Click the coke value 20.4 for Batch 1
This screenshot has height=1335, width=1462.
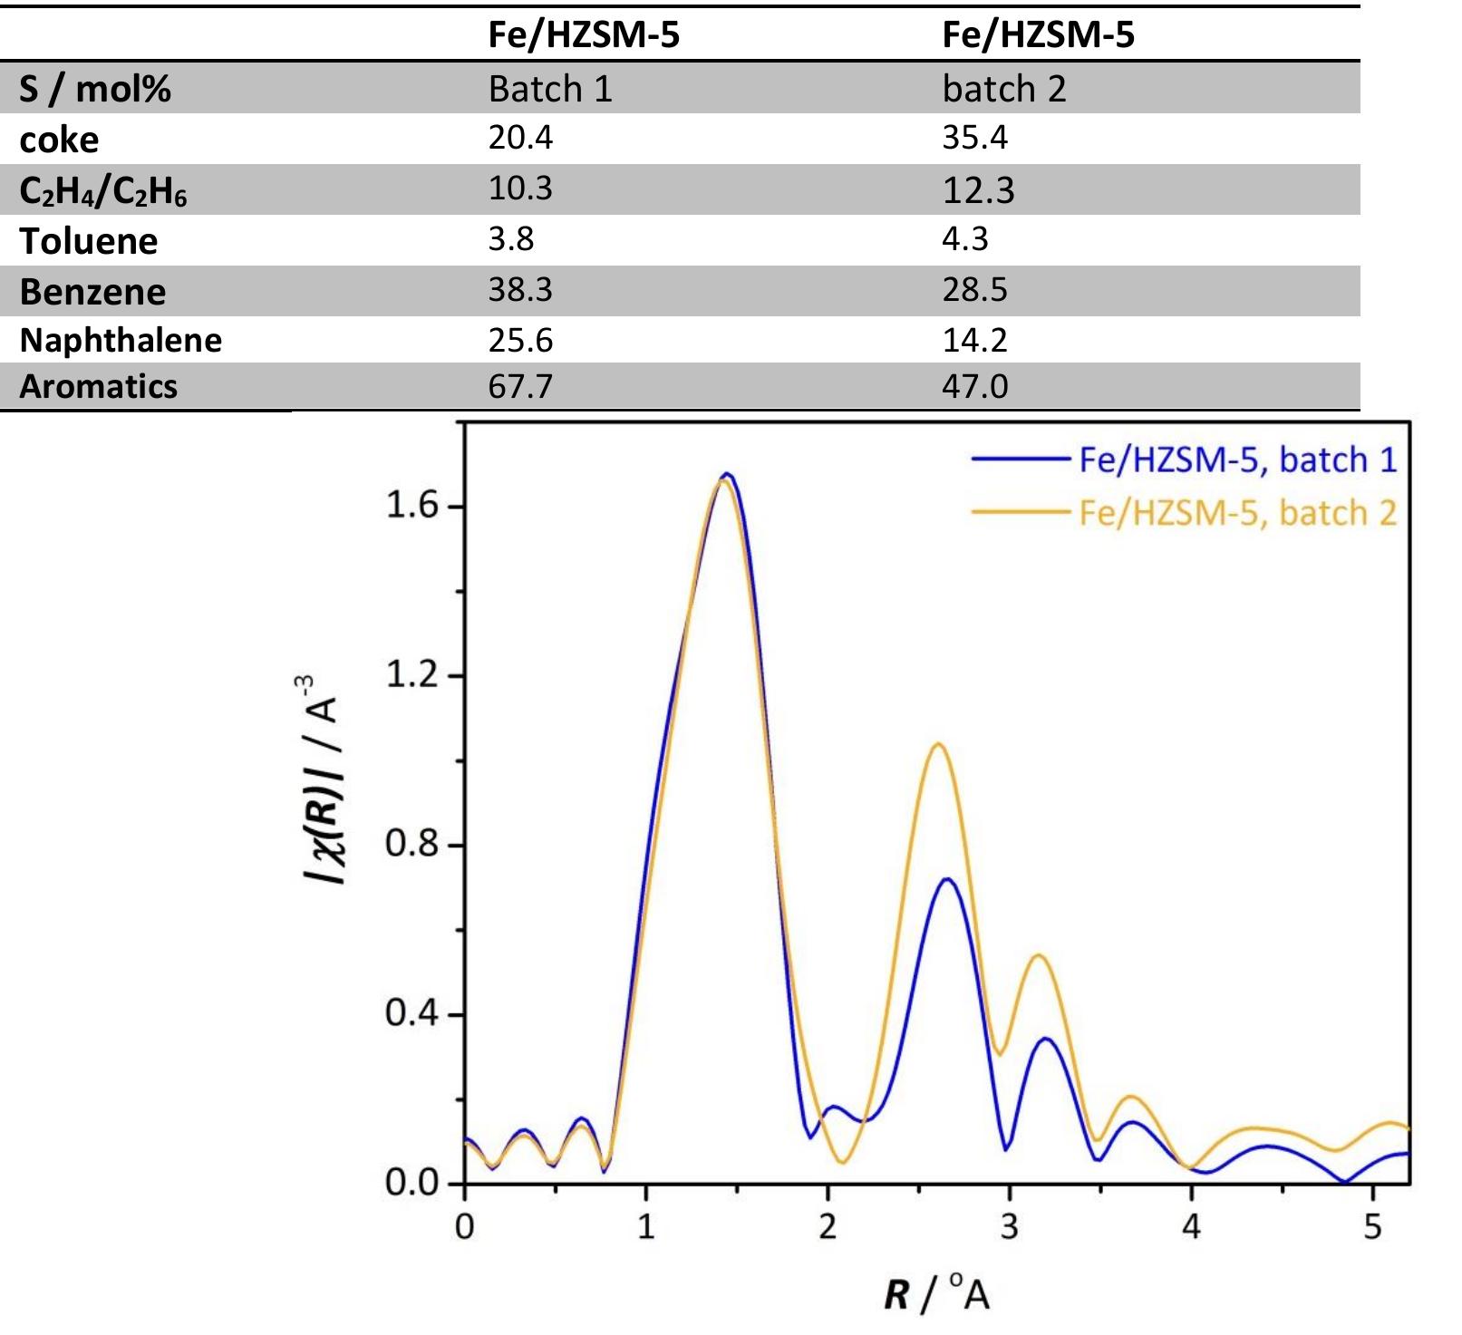coord(520,138)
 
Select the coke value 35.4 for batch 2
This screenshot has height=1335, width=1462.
coord(974,138)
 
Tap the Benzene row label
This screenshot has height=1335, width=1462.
coord(92,292)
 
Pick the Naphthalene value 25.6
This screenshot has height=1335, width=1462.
coord(520,341)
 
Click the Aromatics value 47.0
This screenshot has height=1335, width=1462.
coord(974,387)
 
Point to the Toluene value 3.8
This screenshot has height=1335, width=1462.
coord(510,239)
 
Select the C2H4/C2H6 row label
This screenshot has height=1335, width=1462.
coord(103,190)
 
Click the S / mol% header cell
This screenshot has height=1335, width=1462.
coord(95,89)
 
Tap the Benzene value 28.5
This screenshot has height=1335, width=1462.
coord(974,290)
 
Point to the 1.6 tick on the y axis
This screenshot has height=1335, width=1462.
coord(412,506)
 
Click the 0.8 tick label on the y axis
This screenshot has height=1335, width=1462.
coord(412,845)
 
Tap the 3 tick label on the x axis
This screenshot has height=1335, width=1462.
coord(1009,1227)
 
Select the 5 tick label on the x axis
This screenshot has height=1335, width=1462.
coord(1373,1227)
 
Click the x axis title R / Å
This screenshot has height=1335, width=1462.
coord(936,1292)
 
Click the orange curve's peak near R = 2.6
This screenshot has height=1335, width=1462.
coord(937,745)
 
